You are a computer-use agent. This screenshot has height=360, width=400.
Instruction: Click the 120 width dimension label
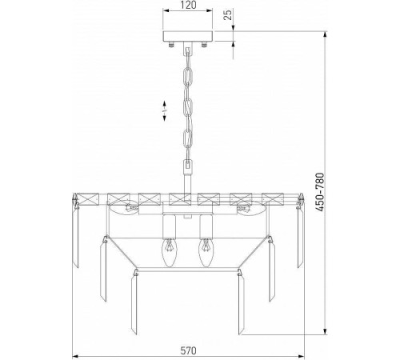click(x=188, y=5)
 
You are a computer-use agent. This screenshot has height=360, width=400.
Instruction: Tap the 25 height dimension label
click(x=227, y=14)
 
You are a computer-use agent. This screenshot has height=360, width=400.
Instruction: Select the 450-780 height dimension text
click(x=320, y=192)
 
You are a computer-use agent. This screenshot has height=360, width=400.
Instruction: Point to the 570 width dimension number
click(x=188, y=350)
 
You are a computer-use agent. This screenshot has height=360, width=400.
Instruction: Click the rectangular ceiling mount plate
click(x=188, y=36)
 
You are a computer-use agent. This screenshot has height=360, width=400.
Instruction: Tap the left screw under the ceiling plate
click(x=171, y=44)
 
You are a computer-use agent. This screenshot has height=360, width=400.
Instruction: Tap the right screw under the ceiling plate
click(x=204, y=44)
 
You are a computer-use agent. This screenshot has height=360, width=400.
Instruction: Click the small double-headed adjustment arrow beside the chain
click(x=164, y=110)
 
